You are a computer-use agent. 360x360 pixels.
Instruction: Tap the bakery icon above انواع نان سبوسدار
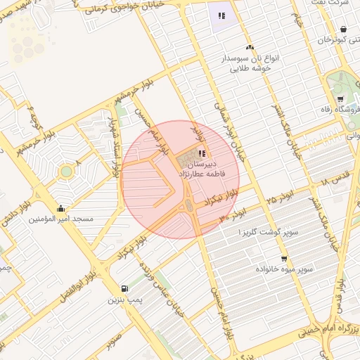(x=250, y=48)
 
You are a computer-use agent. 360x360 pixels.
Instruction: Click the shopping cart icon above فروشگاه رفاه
(x=340, y=99)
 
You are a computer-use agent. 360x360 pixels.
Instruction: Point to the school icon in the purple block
(x=221, y=15)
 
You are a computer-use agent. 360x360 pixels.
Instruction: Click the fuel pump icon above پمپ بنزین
(x=124, y=288)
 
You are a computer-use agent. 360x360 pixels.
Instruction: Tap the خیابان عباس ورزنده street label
(x=172, y=292)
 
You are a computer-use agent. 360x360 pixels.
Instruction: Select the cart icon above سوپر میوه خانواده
(x=284, y=259)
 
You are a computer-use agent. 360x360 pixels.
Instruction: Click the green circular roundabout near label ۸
(x=67, y=171)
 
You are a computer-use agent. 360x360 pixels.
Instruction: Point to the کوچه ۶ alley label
(x=31, y=112)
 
